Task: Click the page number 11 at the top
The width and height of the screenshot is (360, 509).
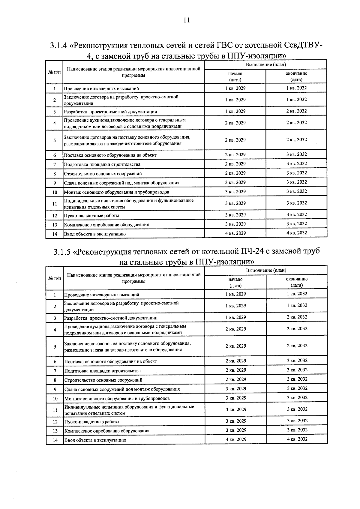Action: click(186, 20)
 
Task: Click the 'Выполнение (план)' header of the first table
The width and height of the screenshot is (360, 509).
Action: click(266, 64)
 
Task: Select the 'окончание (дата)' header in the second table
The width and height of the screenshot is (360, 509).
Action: click(297, 282)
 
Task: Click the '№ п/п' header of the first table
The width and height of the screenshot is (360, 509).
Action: click(54, 72)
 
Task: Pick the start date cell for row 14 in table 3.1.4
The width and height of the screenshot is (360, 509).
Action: click(235, 233)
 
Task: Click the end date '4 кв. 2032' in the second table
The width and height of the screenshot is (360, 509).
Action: click(297, 439)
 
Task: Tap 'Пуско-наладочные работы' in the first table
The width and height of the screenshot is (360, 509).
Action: click(91, 215)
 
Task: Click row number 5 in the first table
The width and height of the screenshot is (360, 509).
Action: click(54, 140)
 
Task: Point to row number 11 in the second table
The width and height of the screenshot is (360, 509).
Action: click(55, 410)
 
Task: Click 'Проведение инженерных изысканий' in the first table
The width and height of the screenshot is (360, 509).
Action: click(101, 88)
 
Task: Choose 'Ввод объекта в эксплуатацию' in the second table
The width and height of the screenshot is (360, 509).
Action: click(95, 440)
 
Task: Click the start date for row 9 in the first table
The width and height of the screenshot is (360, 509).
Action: click(235, 182)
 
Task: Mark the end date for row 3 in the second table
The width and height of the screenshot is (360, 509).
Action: click(297, 317)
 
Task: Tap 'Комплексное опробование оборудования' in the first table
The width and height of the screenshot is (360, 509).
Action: click(106, 225)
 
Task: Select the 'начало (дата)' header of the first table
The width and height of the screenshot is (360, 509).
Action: click(235, 76)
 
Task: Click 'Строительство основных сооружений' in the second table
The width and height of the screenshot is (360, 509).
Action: click(103, 380)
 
